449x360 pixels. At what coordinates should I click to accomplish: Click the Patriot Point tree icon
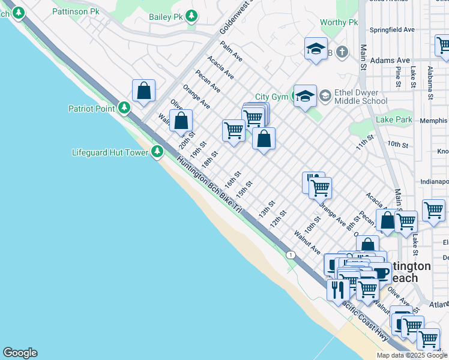[124, 108]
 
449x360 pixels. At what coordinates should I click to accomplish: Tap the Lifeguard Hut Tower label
[110, 152]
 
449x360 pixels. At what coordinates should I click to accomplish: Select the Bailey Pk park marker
[191, 16]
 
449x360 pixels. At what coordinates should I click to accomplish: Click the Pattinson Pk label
[76, 11]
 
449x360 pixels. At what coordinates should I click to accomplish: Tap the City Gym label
[271, 97]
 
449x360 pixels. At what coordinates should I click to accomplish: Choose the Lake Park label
[394, 119]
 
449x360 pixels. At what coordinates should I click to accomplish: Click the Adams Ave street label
[390, 61]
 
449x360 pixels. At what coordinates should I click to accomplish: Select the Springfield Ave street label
[393, 29]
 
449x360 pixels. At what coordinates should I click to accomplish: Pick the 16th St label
[232, 179]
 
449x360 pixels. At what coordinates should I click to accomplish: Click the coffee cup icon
[381, 272]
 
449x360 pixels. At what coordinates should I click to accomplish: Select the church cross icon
[342, 52]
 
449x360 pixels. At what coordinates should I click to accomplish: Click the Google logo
[20, 353]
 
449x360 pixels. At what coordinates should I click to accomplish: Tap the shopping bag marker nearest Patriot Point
[144, 91]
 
